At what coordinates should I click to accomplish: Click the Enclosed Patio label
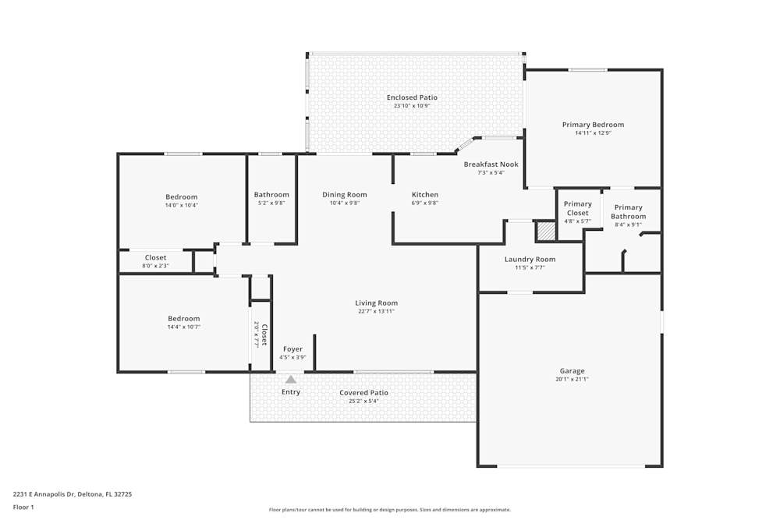[412, 97]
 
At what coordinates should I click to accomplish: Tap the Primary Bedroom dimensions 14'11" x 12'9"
[593, 133]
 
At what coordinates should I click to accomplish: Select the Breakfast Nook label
[491, 164]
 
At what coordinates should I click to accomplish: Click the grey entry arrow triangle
[291, 380]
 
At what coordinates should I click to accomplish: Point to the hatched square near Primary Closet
[546, 232]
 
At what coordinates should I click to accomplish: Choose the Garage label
[572, 371]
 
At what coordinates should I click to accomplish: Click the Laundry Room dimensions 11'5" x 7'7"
[530, 267]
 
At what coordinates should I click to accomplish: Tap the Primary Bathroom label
[628, 212]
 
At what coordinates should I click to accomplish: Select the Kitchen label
[425, 194]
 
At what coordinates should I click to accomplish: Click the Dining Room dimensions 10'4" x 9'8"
[344, 203]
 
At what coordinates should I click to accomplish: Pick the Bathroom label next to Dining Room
[271, 194]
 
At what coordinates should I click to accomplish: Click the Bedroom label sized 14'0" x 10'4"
[182, 197]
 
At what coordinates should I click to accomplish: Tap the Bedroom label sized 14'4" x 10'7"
[183, 319]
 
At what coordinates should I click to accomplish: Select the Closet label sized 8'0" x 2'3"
[156, 257]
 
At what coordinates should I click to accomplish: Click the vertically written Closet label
[264, 334]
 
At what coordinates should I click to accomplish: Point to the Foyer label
[292, 349]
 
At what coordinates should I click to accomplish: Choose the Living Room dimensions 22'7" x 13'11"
[376, 311]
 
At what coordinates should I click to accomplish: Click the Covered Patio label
[363, 393]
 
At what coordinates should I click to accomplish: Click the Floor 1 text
[23, 507]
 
